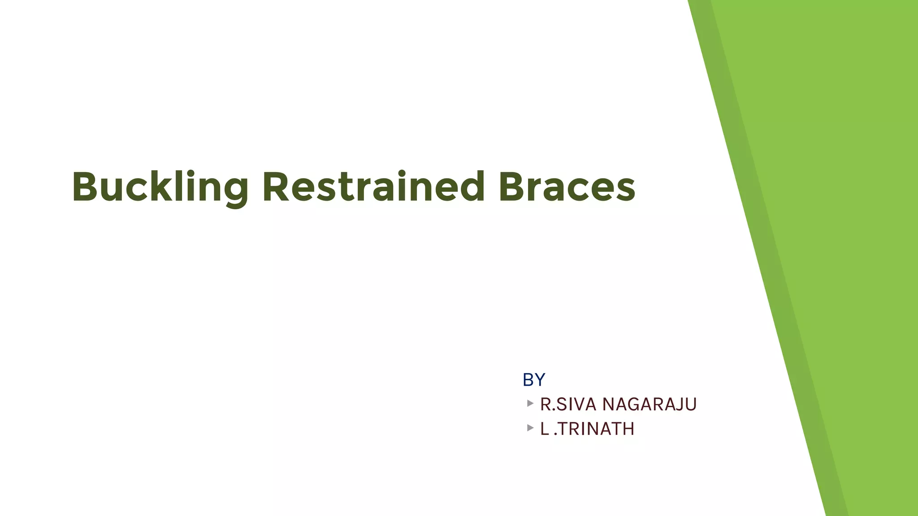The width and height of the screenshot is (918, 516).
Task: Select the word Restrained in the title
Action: tap(373, 187)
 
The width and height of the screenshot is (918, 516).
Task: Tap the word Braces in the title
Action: tap(567, 187)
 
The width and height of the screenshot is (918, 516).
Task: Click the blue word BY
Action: tap(533, 380)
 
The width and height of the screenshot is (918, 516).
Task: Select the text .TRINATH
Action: tap(594, 429)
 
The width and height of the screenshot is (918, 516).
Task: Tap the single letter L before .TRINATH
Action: tap(544, 429)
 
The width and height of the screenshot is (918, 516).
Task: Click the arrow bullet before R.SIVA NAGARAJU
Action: tap(530, 403)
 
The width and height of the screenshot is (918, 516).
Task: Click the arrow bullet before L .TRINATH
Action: tap(530, 428)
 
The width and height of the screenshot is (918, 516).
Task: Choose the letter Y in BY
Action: tap(539, 380)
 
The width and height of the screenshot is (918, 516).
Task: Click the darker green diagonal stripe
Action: tap(762, 224)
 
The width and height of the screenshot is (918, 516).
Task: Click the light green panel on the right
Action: tap(852, 224)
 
